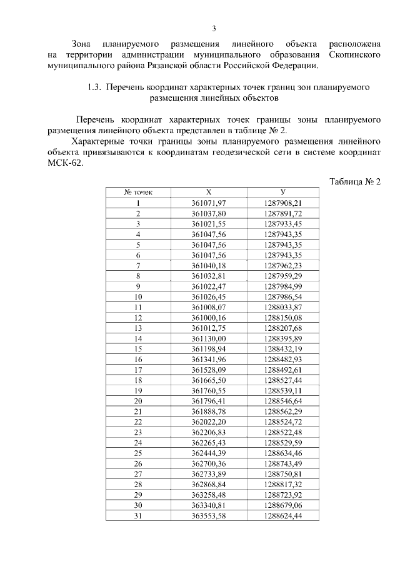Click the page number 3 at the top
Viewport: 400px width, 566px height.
tap(214, 28)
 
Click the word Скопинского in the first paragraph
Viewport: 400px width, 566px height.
tap(351, 55)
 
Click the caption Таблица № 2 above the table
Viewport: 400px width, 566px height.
tap(355, 181)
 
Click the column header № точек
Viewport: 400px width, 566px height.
tap(138, 193)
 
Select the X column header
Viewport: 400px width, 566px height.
tap(208, 193)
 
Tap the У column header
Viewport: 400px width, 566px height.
tap(283, 193)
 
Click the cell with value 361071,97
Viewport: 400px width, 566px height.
tap(208, 203)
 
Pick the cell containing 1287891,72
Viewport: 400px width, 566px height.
tap(283, 213)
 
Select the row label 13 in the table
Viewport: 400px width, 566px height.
tap(138, 327)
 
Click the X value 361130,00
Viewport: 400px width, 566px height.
tap(208, 338)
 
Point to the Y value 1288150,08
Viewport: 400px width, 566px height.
tap(283, 317)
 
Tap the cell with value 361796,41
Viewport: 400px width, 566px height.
tap(208, 400)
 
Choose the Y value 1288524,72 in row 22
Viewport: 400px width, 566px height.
tap(283, 421)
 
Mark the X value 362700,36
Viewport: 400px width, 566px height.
tap(208, 463)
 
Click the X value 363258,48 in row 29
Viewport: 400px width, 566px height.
tap(208, 494)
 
